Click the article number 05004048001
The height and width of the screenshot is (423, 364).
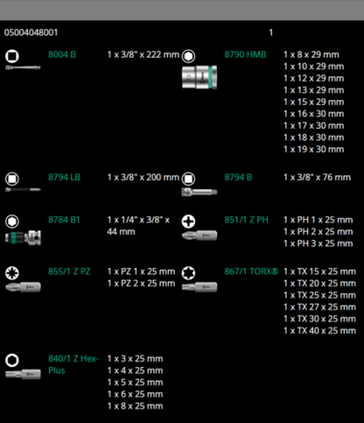pos(31,32)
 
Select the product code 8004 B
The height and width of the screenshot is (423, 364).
pos(62,54)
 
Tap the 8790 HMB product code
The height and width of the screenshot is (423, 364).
pos(245,54)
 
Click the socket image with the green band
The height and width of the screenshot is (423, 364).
pos(199,77)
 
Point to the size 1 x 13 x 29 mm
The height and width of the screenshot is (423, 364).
pos(313,90)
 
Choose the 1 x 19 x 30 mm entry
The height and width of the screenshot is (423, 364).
pos(313,150)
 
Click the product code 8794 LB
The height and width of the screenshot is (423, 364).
pos(64,177)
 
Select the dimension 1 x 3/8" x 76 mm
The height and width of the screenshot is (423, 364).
pos(317,177)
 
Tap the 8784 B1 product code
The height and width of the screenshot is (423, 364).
pos(64,220)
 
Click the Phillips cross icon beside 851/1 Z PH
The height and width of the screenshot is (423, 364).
pos(188,222)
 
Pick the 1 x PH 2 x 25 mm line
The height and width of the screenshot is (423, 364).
pos(318,232)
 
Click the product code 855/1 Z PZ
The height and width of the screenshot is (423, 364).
pos(69,271)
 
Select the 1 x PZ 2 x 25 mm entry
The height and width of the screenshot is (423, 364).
pos(141,284)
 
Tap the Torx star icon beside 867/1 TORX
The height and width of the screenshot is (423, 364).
pos(188,273)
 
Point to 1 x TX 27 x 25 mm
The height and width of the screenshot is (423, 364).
pos(319,307)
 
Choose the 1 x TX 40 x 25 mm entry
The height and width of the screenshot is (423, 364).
pos(319,331)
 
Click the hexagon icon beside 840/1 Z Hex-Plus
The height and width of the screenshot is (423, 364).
pos(12,360)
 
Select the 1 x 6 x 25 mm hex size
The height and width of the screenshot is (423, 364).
pos(135,394)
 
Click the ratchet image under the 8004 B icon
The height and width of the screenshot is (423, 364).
pos(23,67)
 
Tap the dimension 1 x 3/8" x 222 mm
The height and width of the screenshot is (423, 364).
pos(143,54)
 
